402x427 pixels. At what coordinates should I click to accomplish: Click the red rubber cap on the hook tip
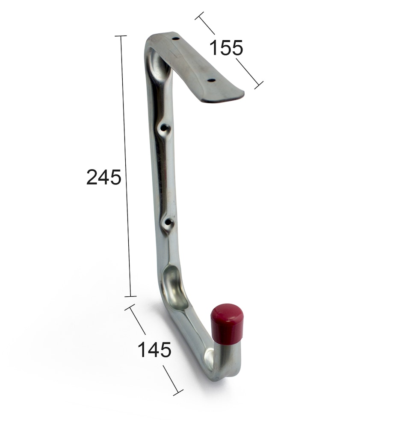pyautogui.click(x=227, y=324)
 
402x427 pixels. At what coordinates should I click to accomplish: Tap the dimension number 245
pyautogui.click(x=103, y=177)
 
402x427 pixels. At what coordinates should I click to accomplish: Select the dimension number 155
pyautogui.click(x=226, y=48)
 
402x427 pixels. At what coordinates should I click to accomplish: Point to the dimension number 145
pyautogui.click(x=154, y=350)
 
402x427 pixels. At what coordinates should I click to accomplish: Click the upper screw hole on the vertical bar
pyautogui.click(x=165, y=128)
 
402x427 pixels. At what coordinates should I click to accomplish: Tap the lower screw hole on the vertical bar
pyautogui.click(x=168, y=223)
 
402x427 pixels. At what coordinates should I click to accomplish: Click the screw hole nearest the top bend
pyautogui.click(x=176, y=39)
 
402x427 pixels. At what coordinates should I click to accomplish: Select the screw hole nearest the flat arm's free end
pyautogui.click(x=211, y=80)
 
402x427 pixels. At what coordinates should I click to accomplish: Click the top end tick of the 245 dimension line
pyautogui.click(x=121, y=36)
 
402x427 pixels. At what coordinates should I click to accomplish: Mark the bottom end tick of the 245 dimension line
pyautogui.click(x=130, y=296)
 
